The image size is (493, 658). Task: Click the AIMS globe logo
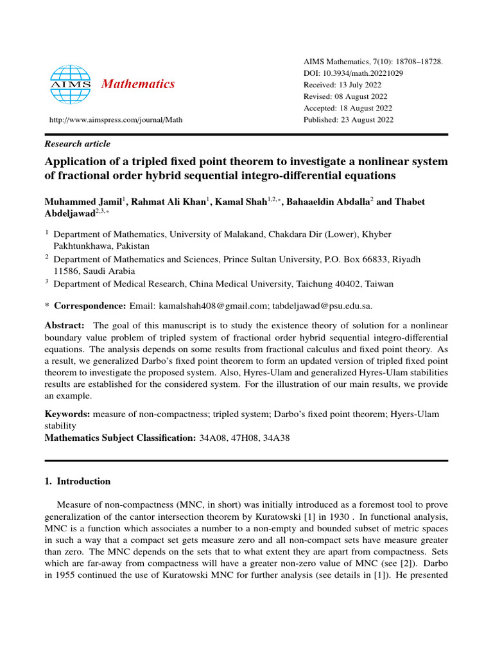coord(67,84)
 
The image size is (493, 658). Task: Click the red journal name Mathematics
coord(139,84)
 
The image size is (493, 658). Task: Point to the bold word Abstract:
coord(64,326)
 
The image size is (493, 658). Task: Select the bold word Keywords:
coord(67,414)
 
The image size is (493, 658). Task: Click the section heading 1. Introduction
coord(77,481)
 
